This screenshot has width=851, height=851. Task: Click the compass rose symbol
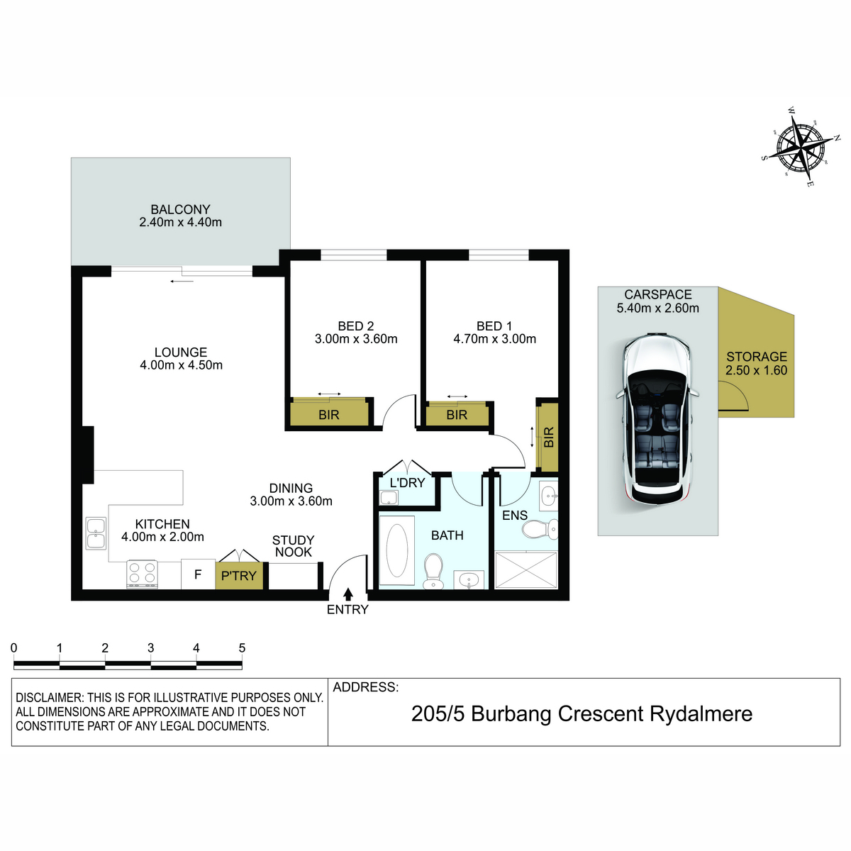pyautogui.click(x=801, y=146)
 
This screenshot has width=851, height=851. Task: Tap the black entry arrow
pyautogui.click(x=348, y=594)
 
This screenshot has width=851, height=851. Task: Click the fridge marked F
pyautogui.click(x=198, y=574)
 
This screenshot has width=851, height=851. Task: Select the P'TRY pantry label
pyautogui.click(x=238, y=576)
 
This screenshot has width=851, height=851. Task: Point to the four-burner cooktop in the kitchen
pyautogui.click(x=143, y=574)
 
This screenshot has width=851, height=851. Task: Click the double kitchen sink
pyautogui.click(x=96, y=533)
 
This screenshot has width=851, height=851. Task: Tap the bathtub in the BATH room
pyautogui.click(x=396, y=550)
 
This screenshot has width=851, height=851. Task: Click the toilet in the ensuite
pyautogui.click(x=540, y=528)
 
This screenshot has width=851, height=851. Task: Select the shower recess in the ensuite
pyautogui.click(x=526, y=569)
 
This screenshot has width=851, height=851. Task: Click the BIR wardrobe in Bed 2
pyautogui.click(x=329, y=413)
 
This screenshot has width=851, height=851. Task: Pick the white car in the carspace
pyautogui.click(x=657, y=418)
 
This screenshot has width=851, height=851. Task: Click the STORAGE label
pyautogui.click(x=757, y=357)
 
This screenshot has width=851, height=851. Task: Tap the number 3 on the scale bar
pyautogui.click(x=150, y=648)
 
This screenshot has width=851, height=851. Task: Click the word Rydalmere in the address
pyautogui.click(x=701, y=714)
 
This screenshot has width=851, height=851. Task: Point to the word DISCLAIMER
pyautogui.click(x=49, y=698)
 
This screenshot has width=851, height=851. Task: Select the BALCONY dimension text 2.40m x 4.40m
pyautogui.click(x=180, y=222)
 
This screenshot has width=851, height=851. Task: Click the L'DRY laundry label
pyautogui.click(x=407, y=483)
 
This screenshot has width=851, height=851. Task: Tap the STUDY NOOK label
pyautogui.click(x=293, y=546)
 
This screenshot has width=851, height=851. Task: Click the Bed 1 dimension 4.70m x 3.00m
pyautogui.click(x=494, y=339)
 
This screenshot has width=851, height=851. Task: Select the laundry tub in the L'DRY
pyautogui.click(x=389, y=498)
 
